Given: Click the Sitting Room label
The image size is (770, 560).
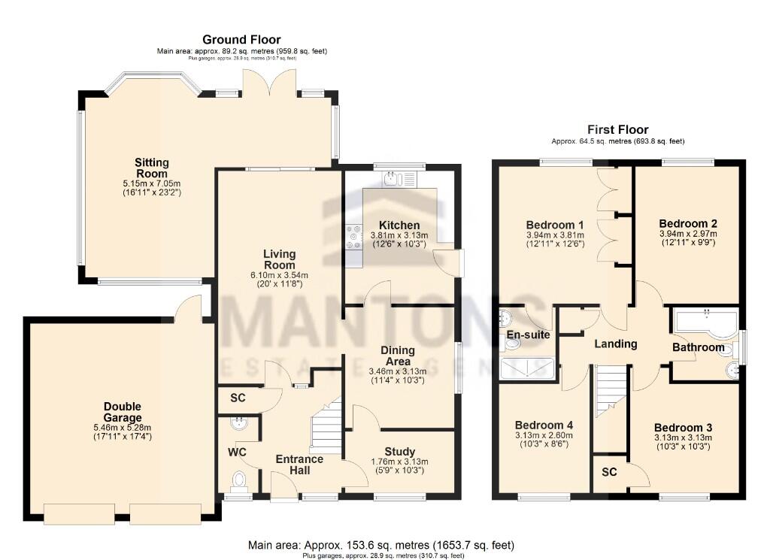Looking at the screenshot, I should point(152,168).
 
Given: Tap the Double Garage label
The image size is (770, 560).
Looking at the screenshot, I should point(122,412).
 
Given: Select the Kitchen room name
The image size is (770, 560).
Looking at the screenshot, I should point(399,226).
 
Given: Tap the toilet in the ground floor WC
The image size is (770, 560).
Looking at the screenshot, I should point(239,479).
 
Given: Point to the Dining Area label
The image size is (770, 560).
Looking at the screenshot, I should point(398,356).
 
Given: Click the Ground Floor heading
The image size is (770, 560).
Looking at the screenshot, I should point(241,39).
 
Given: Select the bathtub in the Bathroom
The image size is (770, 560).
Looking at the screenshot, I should point(705,322).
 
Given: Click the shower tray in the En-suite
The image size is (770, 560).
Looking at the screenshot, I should point(528,367).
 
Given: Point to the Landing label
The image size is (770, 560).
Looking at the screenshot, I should point(616,344).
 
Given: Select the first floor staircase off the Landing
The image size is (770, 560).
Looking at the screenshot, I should point(611,391).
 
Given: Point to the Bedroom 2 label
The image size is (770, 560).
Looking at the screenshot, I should point(687,223).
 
